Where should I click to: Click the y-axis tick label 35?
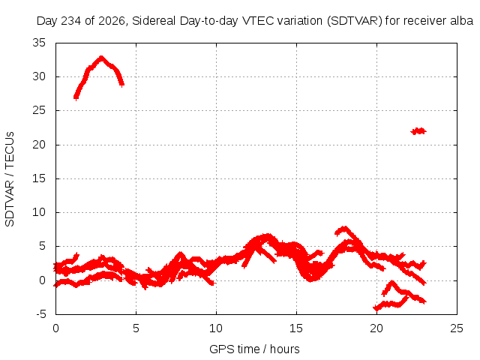point(39,43)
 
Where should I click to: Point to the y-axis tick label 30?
point(39,76)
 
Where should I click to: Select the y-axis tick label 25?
point(39,110)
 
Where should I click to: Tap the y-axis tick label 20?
point(39,145)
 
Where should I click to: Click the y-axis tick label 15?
point(39,178)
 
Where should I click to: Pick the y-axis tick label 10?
point(39,212)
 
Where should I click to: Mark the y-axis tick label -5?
point(41,314)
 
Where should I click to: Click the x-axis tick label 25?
point(457,328)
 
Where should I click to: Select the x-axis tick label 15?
point(296,328)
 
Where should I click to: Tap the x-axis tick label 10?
point(216,328)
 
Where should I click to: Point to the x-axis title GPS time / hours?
point(254,349)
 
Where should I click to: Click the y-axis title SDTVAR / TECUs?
point(10,179)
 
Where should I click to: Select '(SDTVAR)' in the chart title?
point(355,21)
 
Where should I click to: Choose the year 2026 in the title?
point(112,21)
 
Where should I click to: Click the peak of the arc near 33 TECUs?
point(101,57)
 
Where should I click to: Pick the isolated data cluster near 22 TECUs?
point(418,131)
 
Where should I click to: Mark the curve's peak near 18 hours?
point(345,227)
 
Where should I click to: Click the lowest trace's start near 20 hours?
point(375,308)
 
